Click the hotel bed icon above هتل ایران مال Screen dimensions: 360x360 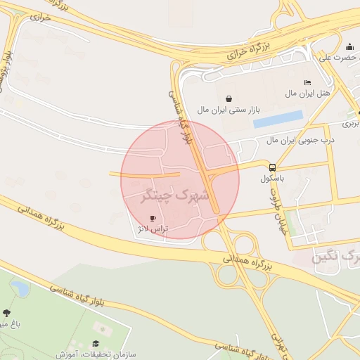307,83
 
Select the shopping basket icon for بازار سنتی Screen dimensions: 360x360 228,98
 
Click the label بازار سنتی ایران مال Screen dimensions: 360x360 229,110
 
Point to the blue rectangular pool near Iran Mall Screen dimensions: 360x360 278,119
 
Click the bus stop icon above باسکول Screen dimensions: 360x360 272,167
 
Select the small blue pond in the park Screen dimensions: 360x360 19,288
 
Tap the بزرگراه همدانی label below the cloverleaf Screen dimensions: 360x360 249,263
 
